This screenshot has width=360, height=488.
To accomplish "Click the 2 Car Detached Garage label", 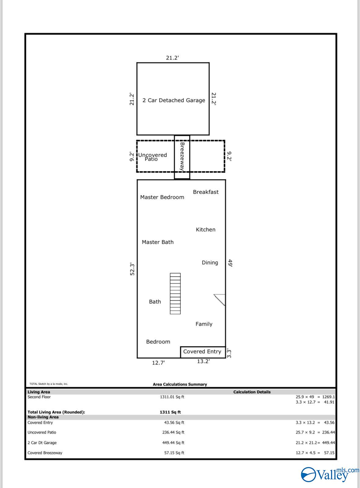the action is tap(174, 100).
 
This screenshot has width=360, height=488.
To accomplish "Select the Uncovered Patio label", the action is tap(152, 157).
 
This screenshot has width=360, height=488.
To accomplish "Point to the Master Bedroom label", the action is tap(162, 197).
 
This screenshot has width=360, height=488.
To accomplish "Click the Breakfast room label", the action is tap(205, 192).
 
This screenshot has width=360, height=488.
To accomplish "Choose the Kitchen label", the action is tap(205, 229).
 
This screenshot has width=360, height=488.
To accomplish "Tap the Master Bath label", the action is tap(158, 242).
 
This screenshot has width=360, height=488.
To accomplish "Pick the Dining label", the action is tap(210, 263).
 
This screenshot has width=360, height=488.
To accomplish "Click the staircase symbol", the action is tap(175, 294).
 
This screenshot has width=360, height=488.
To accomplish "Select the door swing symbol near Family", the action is tap(220, 300).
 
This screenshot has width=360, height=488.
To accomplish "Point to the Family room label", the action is tap(204, 324).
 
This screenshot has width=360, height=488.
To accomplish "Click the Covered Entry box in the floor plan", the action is tap(203, 352).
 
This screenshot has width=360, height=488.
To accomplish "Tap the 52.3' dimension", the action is tap(132, 269).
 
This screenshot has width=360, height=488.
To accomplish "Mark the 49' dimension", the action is tap(230, 263).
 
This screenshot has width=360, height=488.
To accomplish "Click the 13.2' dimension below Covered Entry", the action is tap(203, 361).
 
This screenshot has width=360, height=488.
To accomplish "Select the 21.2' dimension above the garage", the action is tap(173, 58).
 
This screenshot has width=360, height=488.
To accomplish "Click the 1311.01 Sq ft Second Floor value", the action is tap(172, 397).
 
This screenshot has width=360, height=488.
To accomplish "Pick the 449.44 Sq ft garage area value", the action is tap(173, 443).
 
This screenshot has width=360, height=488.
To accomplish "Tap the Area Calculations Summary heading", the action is tap(180, 384).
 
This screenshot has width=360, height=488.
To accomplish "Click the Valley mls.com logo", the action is tap(330, 475).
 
